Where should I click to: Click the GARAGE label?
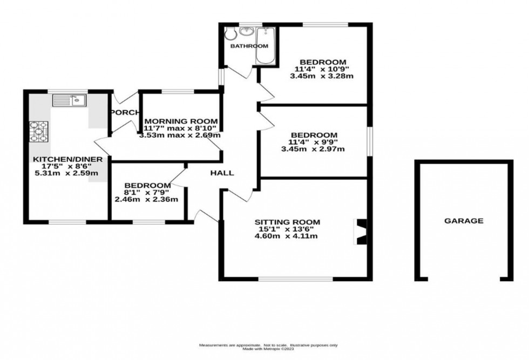tap(464, 221)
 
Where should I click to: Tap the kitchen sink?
tap(70, 100)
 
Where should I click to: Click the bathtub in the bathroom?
tap(264, 46)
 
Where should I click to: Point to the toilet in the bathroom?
tap(230, 33)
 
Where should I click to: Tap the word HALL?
tap(222, 173)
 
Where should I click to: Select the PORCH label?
tap(124, 112)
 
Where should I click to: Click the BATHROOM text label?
tap(249, 46)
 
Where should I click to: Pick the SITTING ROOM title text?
tap(288, 222)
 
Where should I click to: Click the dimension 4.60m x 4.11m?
tap(288, 236)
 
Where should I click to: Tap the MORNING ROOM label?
tap(181, 121)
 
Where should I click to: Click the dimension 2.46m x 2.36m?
tap(146, 199)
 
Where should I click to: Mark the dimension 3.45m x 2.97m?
tap(314, 149)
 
